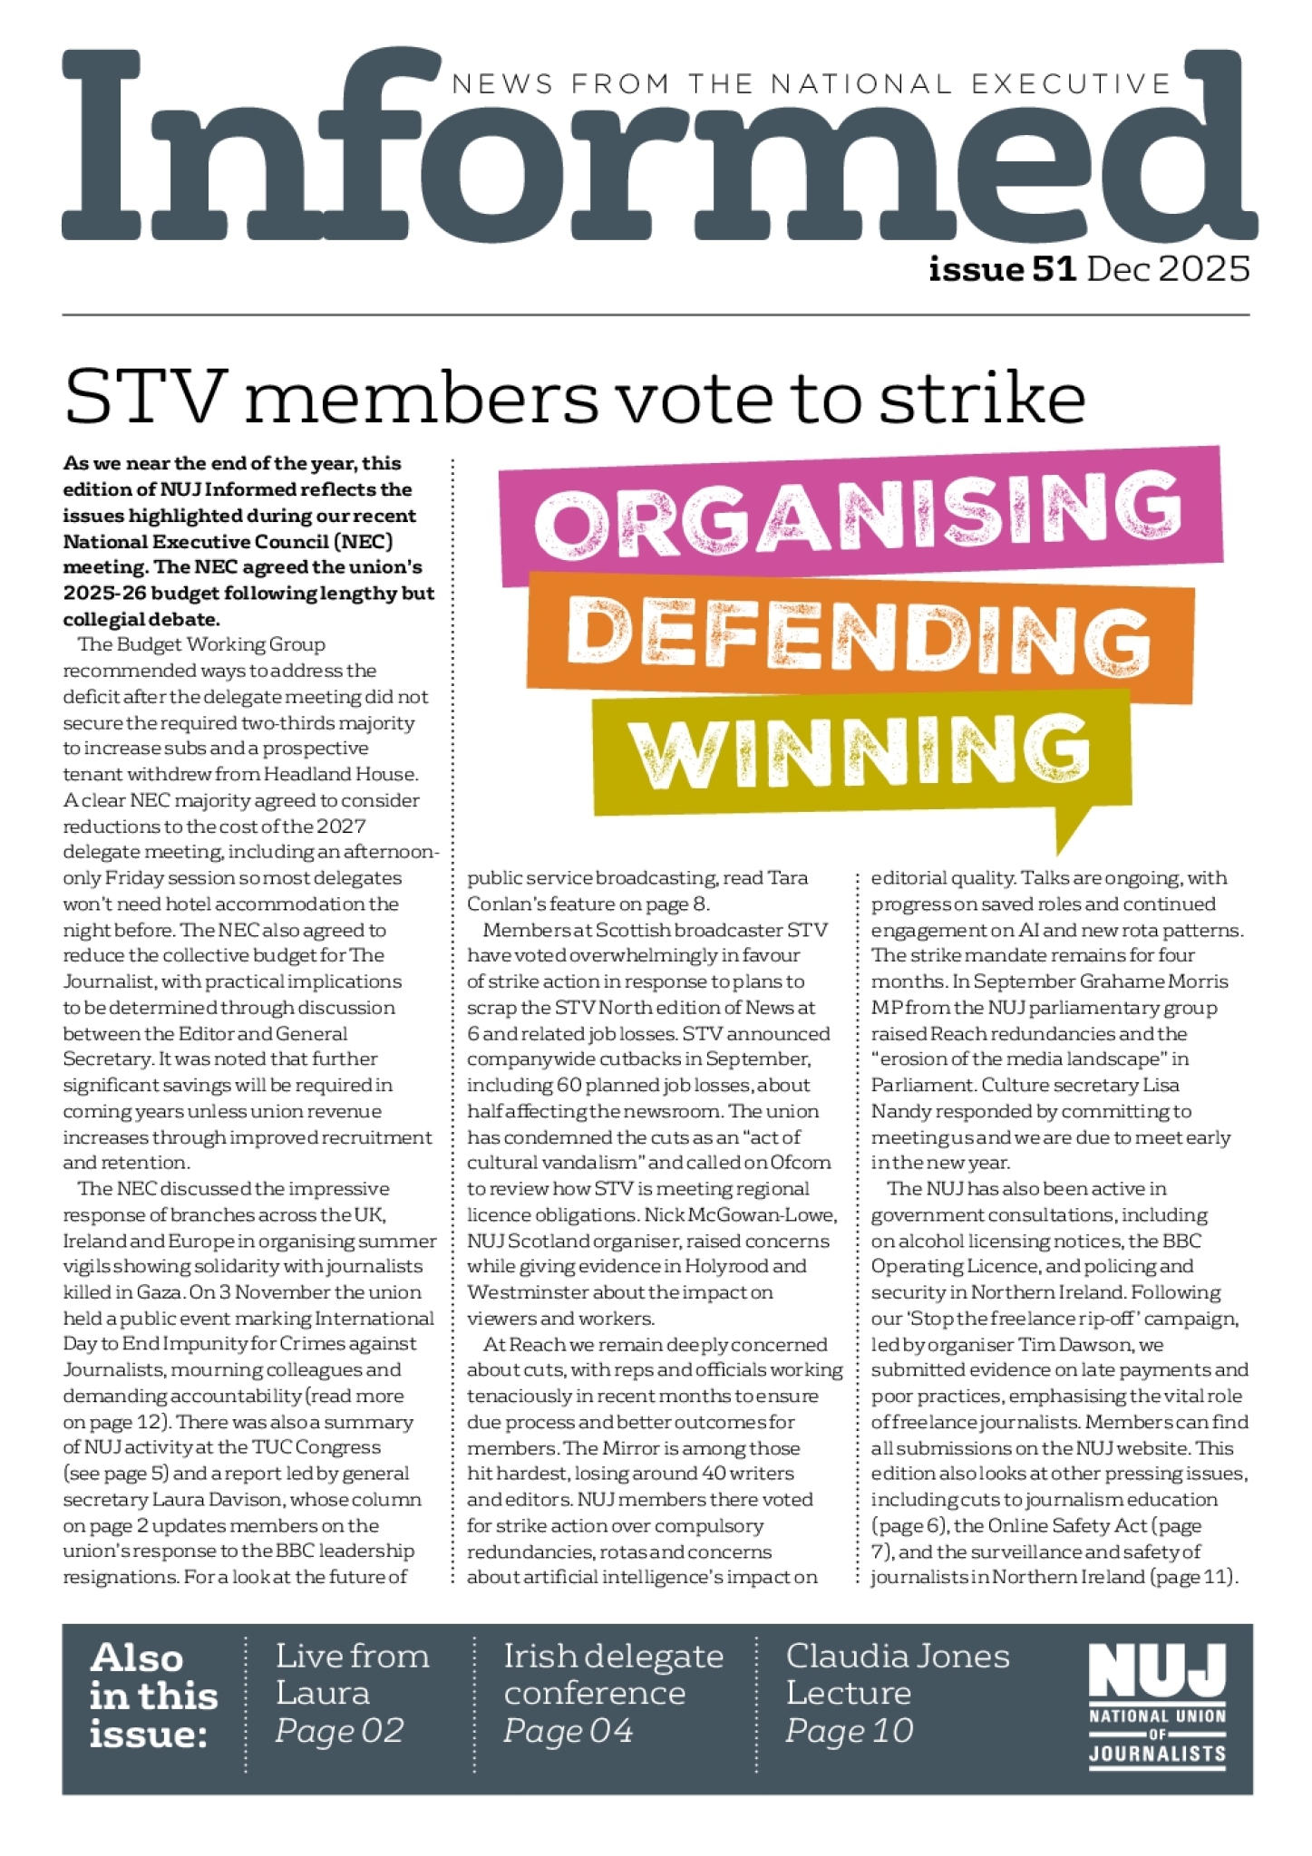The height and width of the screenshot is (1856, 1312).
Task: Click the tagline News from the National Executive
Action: coord(811,84)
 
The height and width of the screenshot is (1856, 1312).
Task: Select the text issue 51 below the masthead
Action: coord(1002,269)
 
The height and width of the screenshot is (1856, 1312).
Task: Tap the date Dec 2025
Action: coord(1169,269)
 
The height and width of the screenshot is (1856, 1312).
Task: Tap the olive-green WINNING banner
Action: coord(860,751)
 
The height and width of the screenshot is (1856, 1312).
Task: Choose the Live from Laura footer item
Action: coord(352,1674)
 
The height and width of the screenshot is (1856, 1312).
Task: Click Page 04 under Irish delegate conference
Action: coord(568,1731)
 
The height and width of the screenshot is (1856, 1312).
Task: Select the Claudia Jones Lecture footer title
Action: coord(897,1674)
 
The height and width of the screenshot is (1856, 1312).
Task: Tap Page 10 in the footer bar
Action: coord(849,1731)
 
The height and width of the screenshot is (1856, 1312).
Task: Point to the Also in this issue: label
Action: coord(153,1695)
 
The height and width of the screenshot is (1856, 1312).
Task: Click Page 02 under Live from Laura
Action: coord(339,1731)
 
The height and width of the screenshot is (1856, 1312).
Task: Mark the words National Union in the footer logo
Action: coord(1157,1716)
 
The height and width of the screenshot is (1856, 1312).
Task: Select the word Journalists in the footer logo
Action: coord(1157,1754)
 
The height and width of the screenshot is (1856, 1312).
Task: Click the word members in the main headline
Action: coord(421,398)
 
